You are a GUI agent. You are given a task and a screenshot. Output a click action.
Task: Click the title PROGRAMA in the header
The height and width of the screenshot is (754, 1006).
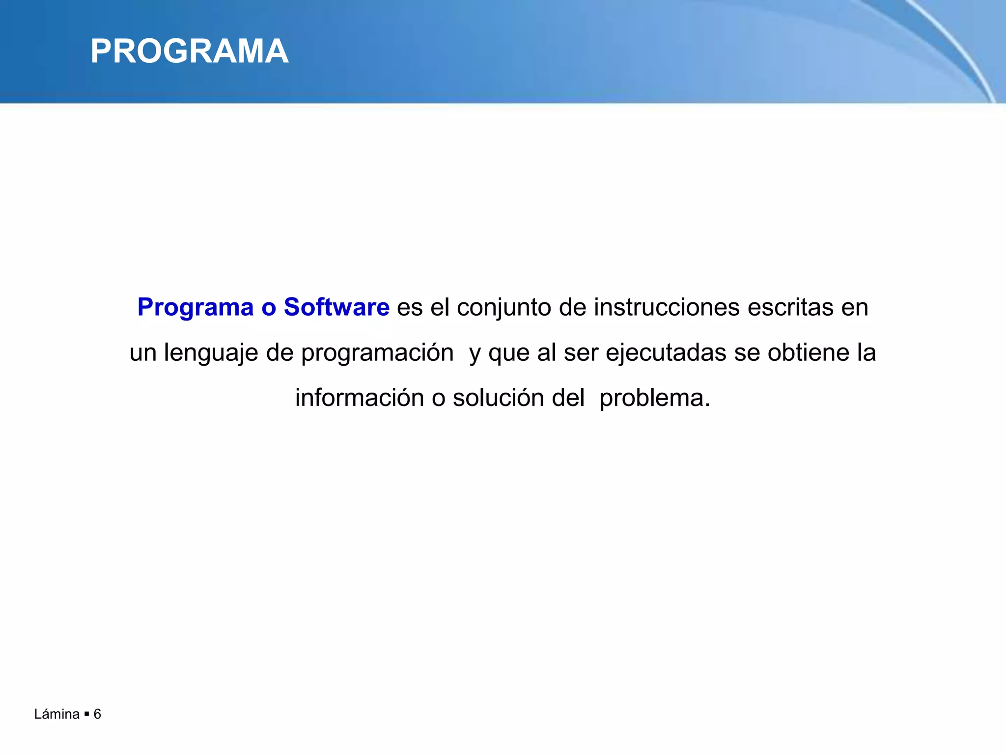tap(189, 52)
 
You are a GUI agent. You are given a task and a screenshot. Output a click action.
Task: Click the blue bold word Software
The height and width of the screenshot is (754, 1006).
tap(336, 307)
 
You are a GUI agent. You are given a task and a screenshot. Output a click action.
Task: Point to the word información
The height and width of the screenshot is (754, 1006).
tap(359, 398)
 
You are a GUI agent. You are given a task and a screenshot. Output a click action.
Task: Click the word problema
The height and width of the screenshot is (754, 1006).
tap(654, 398)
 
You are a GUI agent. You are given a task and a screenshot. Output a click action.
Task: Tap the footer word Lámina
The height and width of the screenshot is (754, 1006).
tap(57, 714)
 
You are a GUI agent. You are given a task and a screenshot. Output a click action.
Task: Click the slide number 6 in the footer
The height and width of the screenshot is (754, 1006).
tap(97, 714)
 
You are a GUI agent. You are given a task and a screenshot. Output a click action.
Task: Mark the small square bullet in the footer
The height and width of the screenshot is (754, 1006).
tap(86, 714)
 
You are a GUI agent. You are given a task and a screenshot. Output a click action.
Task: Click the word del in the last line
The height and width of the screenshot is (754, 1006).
tap(568, 398)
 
